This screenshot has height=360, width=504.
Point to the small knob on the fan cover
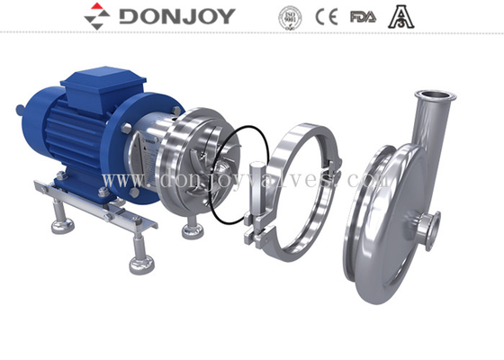(x=21, y=112)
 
